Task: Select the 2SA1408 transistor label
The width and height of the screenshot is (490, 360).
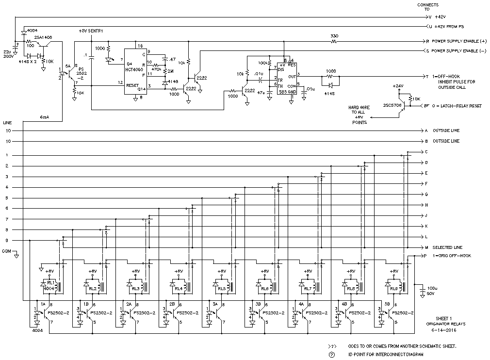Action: pyautogui.click(x=43, y=37)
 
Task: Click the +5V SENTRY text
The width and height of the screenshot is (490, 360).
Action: pyautogui.click(x=91, y=31)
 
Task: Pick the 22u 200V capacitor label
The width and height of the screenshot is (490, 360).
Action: pyautogui.click(x=7, y=54)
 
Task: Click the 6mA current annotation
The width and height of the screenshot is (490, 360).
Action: pyautogui.click(x=44, y=117)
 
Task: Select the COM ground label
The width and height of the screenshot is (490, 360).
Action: pyautogui.click(x=6, y=251)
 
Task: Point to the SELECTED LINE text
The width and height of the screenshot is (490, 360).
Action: pyautogui.click(x=447, y=247)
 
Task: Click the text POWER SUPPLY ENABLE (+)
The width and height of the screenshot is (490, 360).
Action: pyautogui.click(x=458, y=42)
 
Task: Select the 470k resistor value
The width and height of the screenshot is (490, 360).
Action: pyautogui.click(x=156, y=69)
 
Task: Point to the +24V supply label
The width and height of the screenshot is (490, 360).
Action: pyautogui.click(x=398, y=85)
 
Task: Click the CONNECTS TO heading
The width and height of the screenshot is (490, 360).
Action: pyautogui.click(x=428, y=7)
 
